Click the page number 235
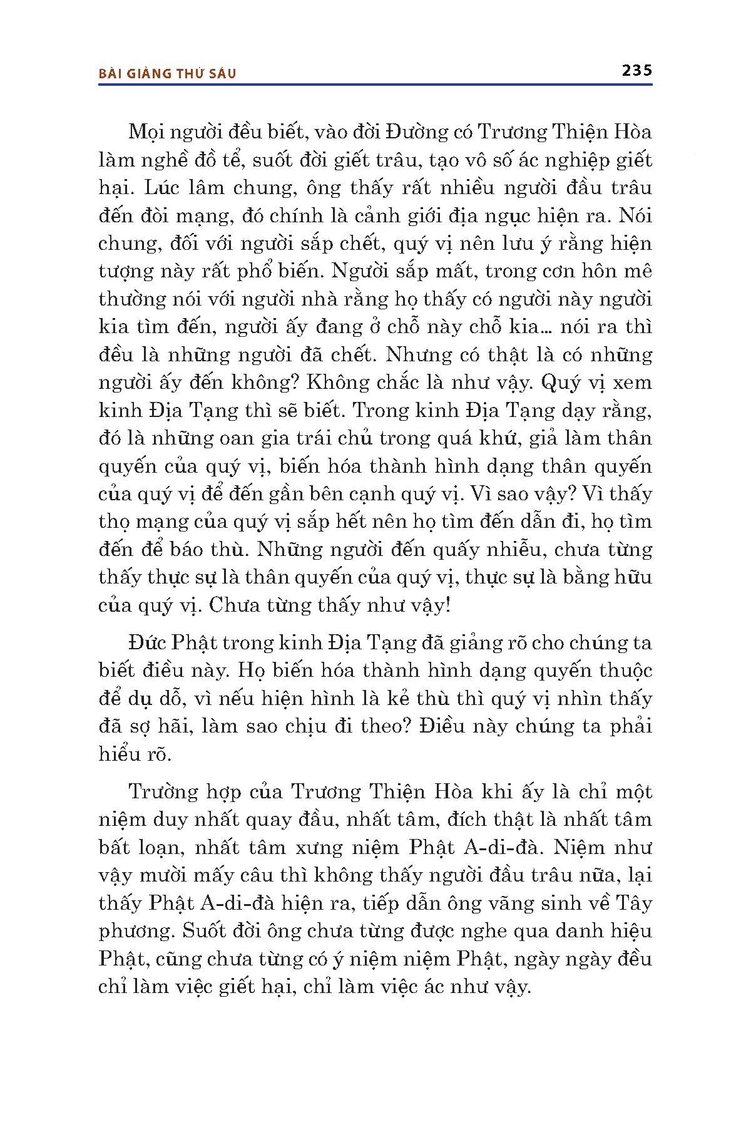[x=637, y=70]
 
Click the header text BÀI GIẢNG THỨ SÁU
[x=168, y=74]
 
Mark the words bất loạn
[x=136, y=847]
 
